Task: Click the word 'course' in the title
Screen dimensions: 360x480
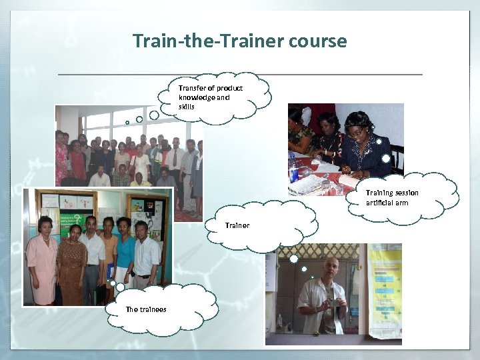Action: [x=317, y=41]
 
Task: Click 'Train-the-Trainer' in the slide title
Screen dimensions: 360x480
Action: [x=209, y=41]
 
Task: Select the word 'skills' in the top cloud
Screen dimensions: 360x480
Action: [x=187, y=107]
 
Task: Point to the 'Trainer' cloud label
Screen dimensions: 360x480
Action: [x=237, y=225]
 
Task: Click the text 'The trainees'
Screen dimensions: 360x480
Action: [x=146, y=309]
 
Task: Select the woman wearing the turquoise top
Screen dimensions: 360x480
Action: [x=124, y=253]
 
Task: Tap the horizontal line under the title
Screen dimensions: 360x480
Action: [x=240, y=73]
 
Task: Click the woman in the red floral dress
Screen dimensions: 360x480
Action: [x=61, y=160]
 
